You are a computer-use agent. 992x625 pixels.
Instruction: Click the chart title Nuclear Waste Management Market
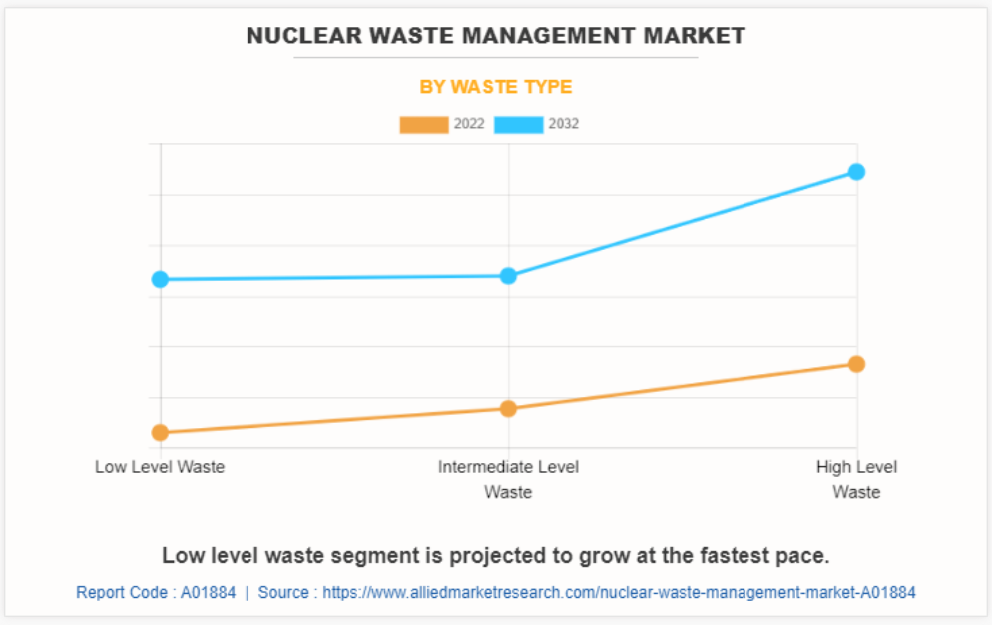tap(495, 36)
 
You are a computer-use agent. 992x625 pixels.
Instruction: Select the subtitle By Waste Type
tap(495, 87)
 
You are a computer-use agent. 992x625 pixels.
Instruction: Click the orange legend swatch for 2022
tap(424, 125)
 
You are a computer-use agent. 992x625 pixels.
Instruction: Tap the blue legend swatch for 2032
tap(519, 125)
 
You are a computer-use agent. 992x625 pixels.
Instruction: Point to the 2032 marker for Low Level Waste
tap(160, 279)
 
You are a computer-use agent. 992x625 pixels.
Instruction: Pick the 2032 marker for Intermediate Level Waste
tap(508, 276)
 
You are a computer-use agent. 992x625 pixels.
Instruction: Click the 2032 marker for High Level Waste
tap(856, 172)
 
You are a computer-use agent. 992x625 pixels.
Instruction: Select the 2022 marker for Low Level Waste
tap(160, 432)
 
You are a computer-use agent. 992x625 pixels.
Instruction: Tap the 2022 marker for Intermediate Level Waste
tap(508, 408)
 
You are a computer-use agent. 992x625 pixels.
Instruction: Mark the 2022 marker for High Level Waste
tap(856, 364)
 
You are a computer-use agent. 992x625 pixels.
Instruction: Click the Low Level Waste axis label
tap(160, 467)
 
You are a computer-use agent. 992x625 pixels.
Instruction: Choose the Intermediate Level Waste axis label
tap(508, 479)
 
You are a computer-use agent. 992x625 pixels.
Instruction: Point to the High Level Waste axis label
tap(856, 479)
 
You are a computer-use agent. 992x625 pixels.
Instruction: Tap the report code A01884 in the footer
tap(208, 592)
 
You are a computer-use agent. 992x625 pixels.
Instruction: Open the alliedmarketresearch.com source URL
tap(619, 592)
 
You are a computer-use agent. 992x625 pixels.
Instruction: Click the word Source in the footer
tap(283, 592)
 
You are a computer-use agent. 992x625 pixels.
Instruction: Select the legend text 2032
tap(564, 125)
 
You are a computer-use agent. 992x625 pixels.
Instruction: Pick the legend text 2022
tap(469, 125)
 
